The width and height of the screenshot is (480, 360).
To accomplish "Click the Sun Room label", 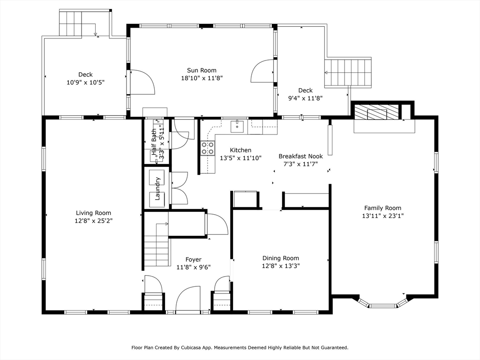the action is pyautogui.click(x=202, y=70).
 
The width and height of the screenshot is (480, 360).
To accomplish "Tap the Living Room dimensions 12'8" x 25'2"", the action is pyautogui.click(x=94, y=221).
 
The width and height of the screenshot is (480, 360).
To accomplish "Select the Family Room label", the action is pyautogui.click(x=382, y=208).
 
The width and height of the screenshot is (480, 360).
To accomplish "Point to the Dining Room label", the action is pyautogui.click(x=281, y=258).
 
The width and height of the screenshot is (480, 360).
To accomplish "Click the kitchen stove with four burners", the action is pyautogui.click(x=207, y=148).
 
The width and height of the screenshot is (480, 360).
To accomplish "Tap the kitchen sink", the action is pyautogui.click(x=237, y=127).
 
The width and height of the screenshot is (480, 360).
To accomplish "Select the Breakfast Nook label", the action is pyautogui.click(x=300, y=156).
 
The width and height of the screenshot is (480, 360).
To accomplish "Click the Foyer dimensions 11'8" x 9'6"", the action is pyautogui.click(x=194, y=267).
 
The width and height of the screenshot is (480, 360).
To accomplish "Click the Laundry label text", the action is pyautogui.click(x=157, y=188).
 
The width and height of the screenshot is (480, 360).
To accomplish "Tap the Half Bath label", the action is pyautogui.click(x=154, y=142).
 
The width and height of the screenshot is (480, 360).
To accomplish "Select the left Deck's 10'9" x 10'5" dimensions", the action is pyautogui.click(x=86, y=82).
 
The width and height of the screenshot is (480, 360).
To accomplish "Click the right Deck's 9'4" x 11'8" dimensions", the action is pyautogui.click(x=306, y=98).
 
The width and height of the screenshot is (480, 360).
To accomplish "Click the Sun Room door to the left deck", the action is pyautogui.click(x=142, y=82).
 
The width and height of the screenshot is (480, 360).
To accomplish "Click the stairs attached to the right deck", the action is pyautogui.click(x=348, y=73).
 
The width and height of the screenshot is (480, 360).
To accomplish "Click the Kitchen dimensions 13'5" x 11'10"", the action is pyautogui.click(x=240, y=158).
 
